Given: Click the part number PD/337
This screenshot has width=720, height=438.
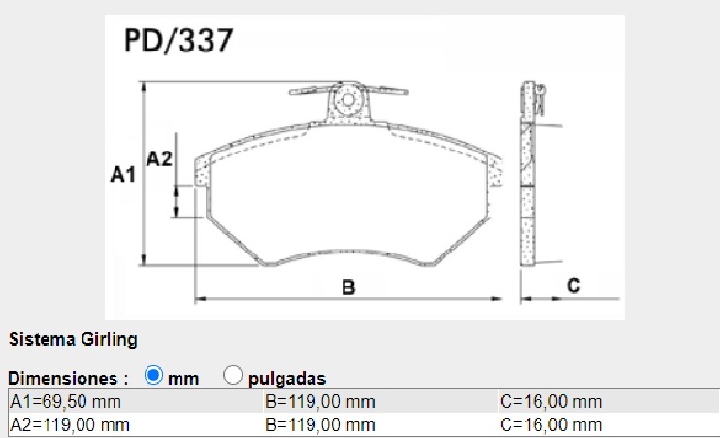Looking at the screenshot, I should [x=178, y=42].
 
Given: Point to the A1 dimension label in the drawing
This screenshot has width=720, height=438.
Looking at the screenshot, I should [x=121, y=175].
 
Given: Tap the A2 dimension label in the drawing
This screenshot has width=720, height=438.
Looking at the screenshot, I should [x=159, y=159].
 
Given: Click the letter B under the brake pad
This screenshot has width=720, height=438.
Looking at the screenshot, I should [x=348, y=286].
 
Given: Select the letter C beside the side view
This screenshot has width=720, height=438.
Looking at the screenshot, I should [x=573, y=286].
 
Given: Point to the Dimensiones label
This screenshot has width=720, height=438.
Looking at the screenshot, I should [x=68, y=378].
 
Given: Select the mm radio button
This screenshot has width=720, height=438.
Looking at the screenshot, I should [x=152, y=375].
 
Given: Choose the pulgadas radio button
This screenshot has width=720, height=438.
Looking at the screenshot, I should [x=233, y=375].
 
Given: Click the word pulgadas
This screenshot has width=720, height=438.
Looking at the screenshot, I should [x=286, y=378].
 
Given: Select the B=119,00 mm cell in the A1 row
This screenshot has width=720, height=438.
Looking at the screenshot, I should [x=319, y=402].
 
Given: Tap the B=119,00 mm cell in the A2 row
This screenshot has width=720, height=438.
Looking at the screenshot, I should [x=319, y=424].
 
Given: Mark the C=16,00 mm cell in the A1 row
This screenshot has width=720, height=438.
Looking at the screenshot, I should [x=549, y=402].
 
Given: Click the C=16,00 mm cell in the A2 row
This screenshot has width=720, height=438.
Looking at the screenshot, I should [x=549, y=424].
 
